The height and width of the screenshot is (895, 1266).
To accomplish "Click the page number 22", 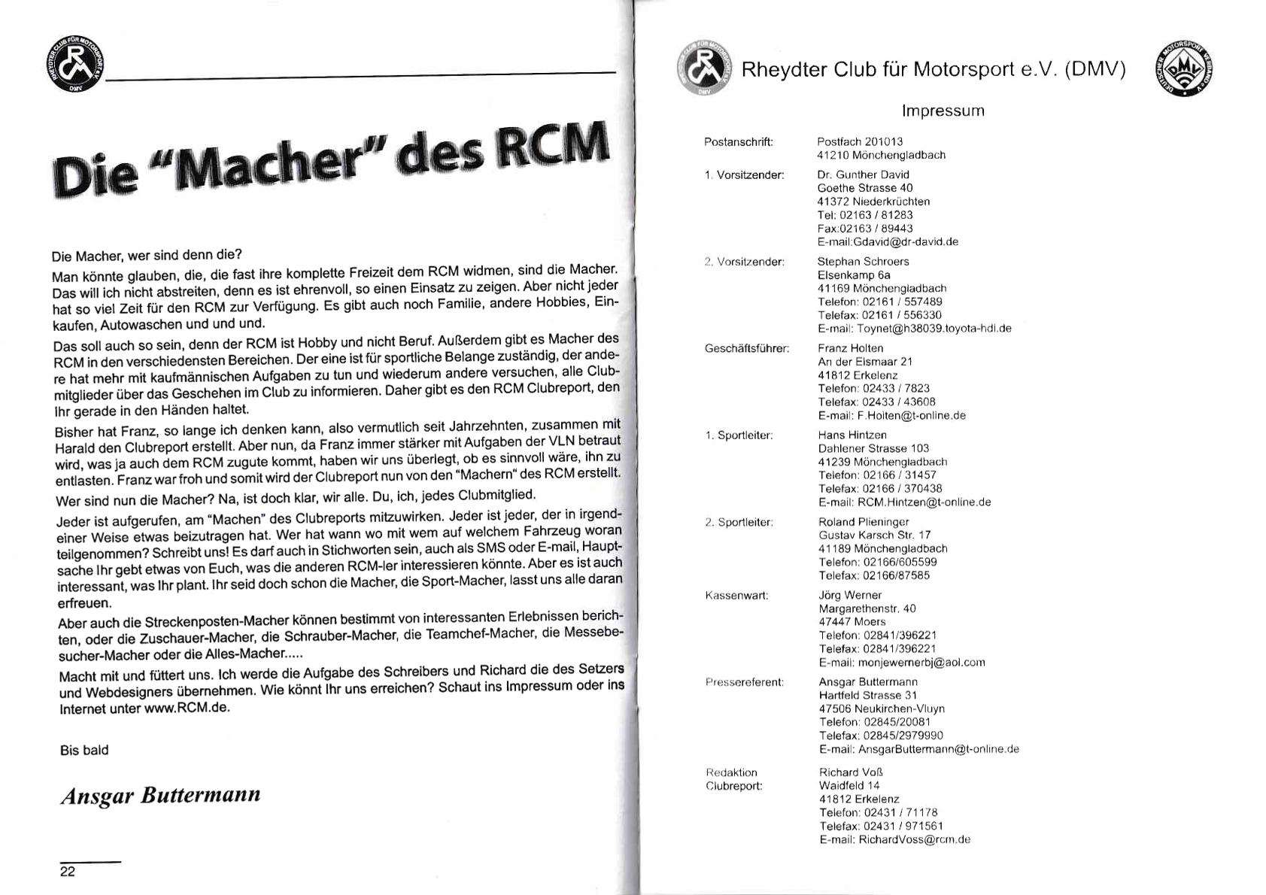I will pos(68,872).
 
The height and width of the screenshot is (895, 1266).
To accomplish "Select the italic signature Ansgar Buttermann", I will pos(160,796).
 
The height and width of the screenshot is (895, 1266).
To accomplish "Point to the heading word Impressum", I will pos(943,111).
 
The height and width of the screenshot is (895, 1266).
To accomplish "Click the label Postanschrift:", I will pos(739,142).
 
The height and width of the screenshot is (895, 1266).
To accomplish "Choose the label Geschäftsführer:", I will pos(747,349).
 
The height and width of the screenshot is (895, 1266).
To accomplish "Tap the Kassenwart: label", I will pos(736,596).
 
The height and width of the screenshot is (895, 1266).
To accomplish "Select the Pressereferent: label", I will pos(745,682).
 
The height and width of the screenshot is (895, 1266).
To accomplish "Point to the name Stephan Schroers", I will pos(863,262).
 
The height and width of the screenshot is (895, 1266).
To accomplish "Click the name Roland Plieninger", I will pos(864,522).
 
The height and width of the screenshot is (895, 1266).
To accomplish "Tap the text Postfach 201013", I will pos(860,142).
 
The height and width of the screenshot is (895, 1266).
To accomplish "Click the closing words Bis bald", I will pos(84,750).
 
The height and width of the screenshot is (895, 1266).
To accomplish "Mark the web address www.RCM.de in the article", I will pos(186,708).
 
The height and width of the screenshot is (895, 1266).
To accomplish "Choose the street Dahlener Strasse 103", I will pos(873,448).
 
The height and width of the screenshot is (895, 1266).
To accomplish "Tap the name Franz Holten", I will pos(851,348).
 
